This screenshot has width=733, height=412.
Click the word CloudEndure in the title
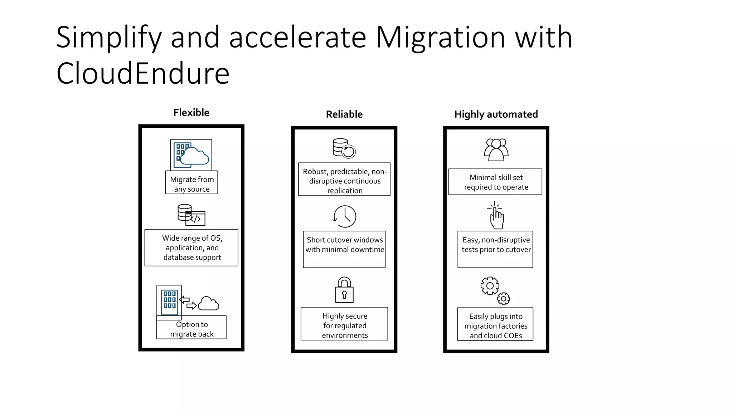coord(142,73)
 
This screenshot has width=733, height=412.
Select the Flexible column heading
coord(191,113)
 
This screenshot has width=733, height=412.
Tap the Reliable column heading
coord(344,114)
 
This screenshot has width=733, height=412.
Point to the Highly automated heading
coord(496,114)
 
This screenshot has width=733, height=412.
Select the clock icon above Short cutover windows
coord(345,216)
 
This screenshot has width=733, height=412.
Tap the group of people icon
coord(496,149)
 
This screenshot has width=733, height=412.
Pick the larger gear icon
coord(490,286)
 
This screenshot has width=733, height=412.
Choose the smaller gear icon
coord(504,298)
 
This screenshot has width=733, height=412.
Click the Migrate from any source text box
coord(191,184)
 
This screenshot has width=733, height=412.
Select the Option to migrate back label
coord(192,329)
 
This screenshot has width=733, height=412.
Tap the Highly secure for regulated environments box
coord(344,325)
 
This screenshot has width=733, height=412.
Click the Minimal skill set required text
coord(496,182)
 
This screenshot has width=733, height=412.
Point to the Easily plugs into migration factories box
coord(495,326)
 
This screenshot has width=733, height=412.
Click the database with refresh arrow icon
coord(344,148)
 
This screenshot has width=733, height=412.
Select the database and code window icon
coord(191,215)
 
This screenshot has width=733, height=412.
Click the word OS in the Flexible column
coord(216,238)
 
